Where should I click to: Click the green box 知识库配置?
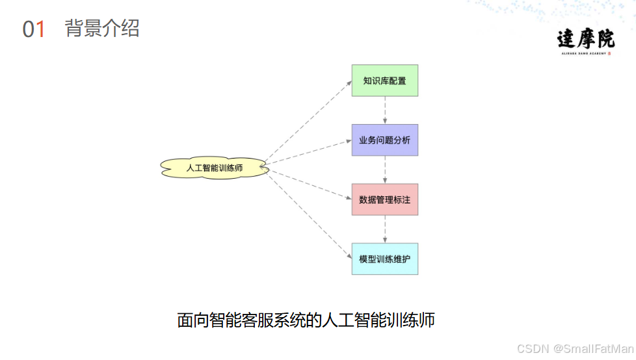(x=385, y=81)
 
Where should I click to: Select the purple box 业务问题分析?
(x=385, y=140)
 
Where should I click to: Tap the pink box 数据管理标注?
(x=385, y=199)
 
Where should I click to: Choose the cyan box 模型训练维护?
(x=385, y=259)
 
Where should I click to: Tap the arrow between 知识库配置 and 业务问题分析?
(x=385, y=110)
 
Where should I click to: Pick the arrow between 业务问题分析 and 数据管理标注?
(x=385, y=170)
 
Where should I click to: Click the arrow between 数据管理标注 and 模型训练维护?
(x=385, y=229)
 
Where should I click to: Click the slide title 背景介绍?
(x=102, y=29)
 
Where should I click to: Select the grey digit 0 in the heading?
(x=28, y=29)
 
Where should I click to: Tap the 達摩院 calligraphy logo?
(x=585, y=39)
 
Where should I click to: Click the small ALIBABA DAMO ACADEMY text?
(x=583, y=54)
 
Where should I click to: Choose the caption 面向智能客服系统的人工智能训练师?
(x=306, y=320)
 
